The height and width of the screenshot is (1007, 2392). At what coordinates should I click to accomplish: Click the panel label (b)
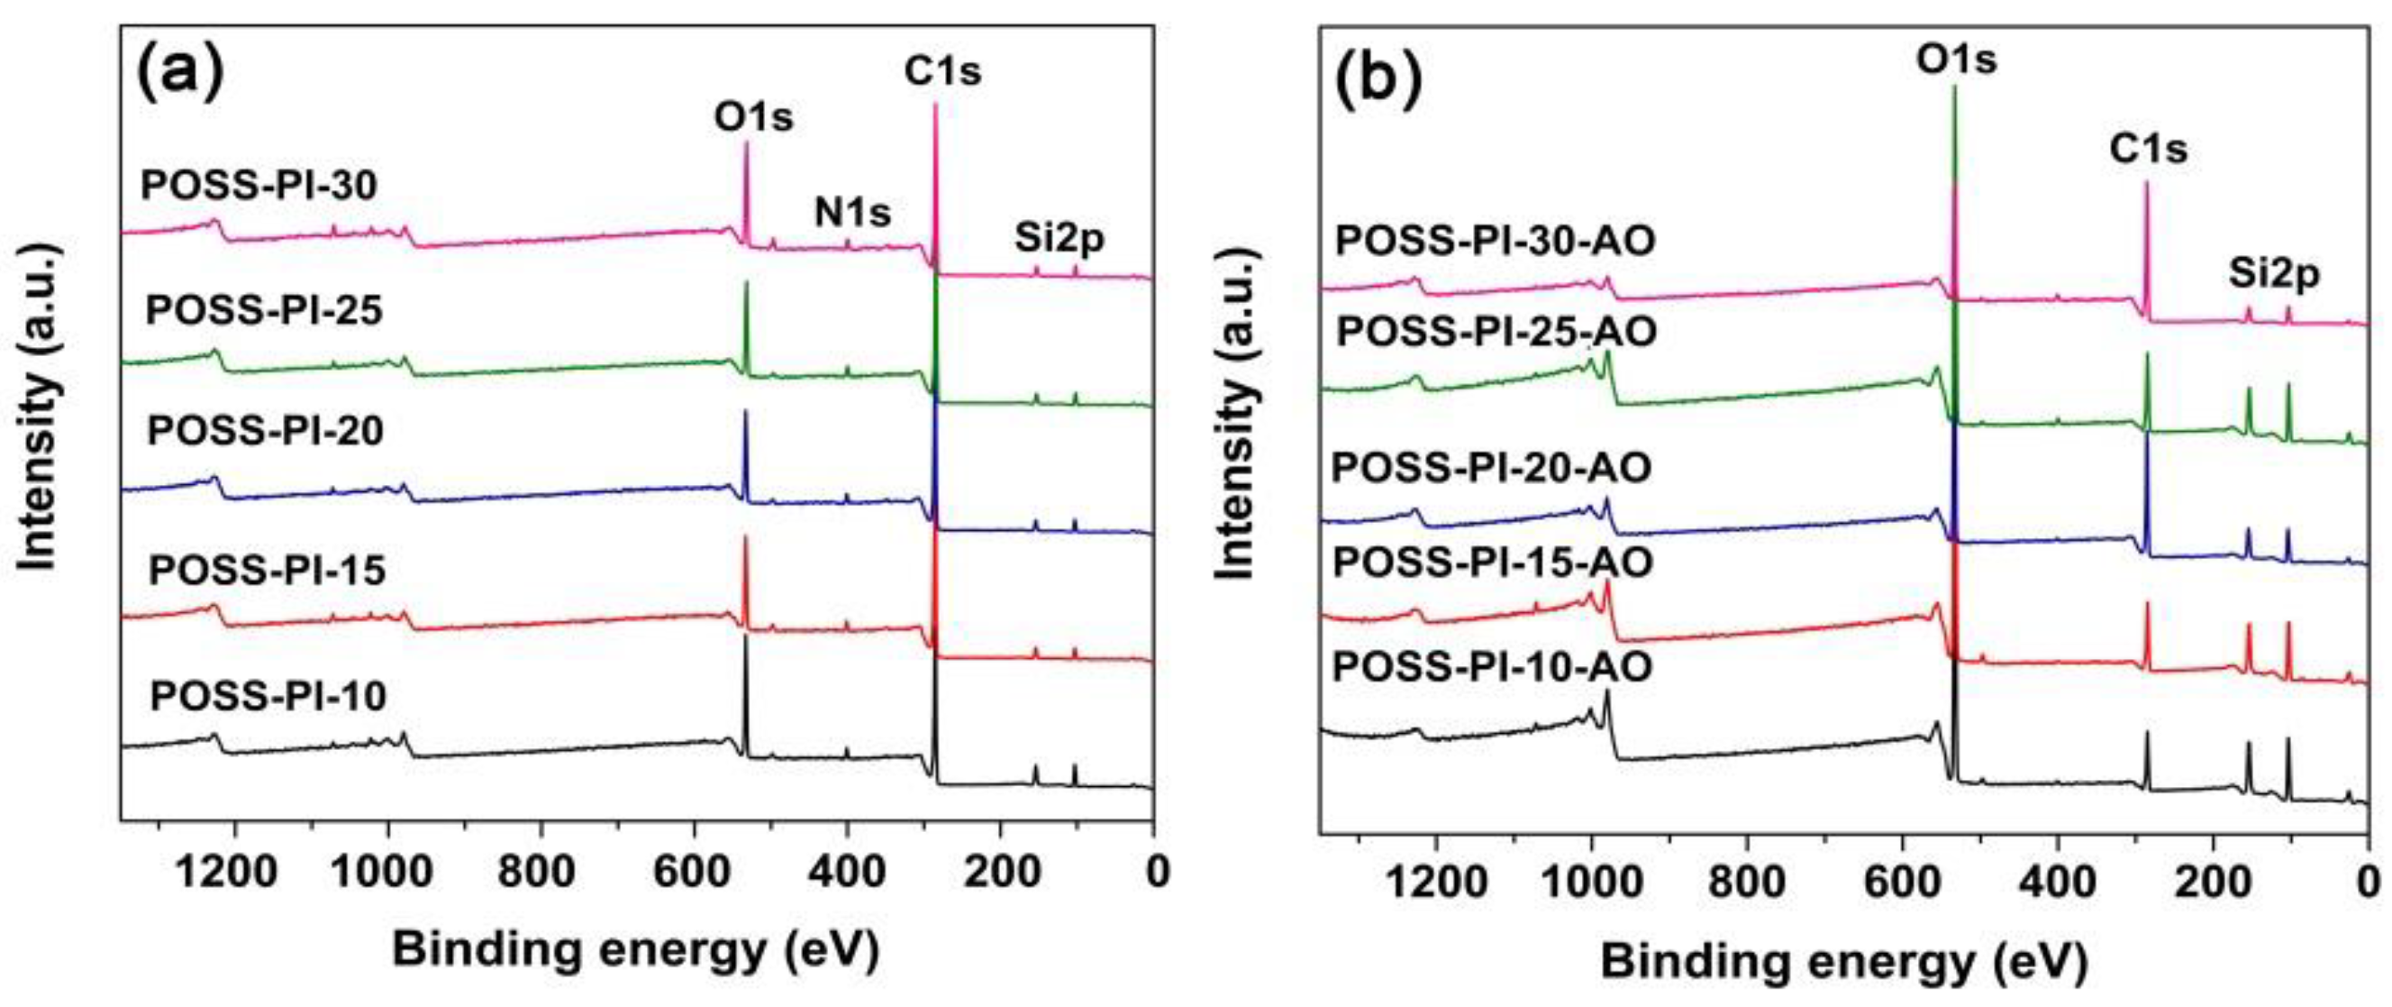tap(1378, 79)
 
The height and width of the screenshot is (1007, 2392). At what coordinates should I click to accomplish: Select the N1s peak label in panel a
tap(852, 213)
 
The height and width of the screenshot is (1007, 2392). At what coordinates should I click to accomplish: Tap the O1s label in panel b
tap(1957, 60)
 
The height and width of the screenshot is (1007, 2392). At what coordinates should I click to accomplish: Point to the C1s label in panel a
tap(942, 70)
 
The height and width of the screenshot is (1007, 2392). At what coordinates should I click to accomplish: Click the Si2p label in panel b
tap(2274, 274)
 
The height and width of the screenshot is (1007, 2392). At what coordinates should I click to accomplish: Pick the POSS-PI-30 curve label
tap(259, 186)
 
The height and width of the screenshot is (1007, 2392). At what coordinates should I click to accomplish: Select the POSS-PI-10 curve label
tap(268, 696)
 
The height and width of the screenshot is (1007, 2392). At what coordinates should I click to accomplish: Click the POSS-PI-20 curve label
tap(266, 431)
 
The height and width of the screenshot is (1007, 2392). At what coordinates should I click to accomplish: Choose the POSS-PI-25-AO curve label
tap(1496, 332)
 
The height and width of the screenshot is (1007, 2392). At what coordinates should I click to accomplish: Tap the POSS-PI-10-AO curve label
tap(1491, 667)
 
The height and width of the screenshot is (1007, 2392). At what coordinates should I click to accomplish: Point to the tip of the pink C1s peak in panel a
tap(935, 104)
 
